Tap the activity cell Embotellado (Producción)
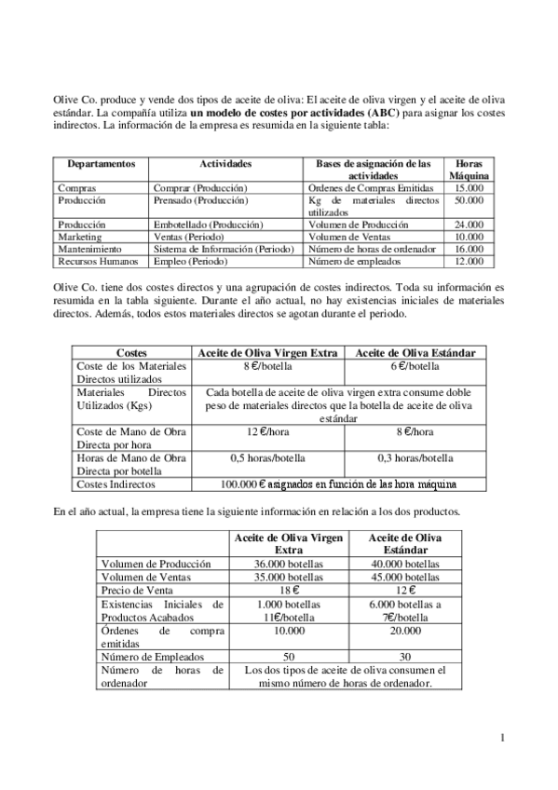point(208,225)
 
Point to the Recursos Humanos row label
point(91,262)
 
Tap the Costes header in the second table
point(132,353)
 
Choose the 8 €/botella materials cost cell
point(269,366)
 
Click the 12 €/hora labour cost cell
point(269,431)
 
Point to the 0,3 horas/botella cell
point(416,457)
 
